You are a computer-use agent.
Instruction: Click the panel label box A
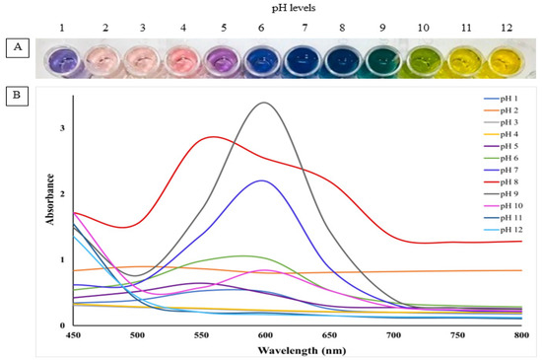14,45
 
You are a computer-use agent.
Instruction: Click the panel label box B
14,97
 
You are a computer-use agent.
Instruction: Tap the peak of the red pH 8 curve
212,137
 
